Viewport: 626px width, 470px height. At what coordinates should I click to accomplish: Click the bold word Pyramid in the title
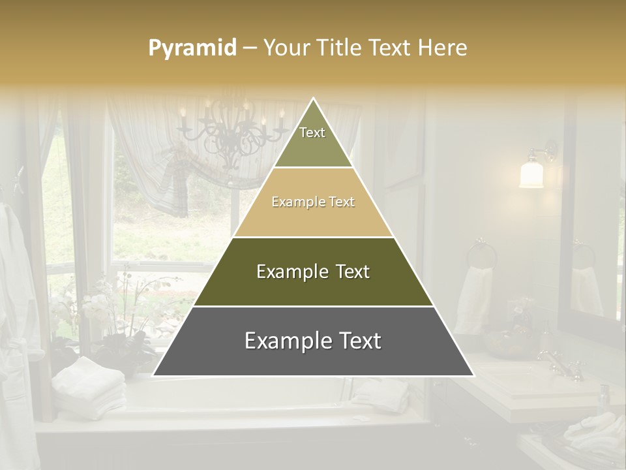(x=192, y=48)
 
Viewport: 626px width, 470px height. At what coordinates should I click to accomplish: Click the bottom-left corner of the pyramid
(x=154, y=375)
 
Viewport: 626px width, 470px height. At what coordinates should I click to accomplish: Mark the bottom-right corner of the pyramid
(x=473, y=375)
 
